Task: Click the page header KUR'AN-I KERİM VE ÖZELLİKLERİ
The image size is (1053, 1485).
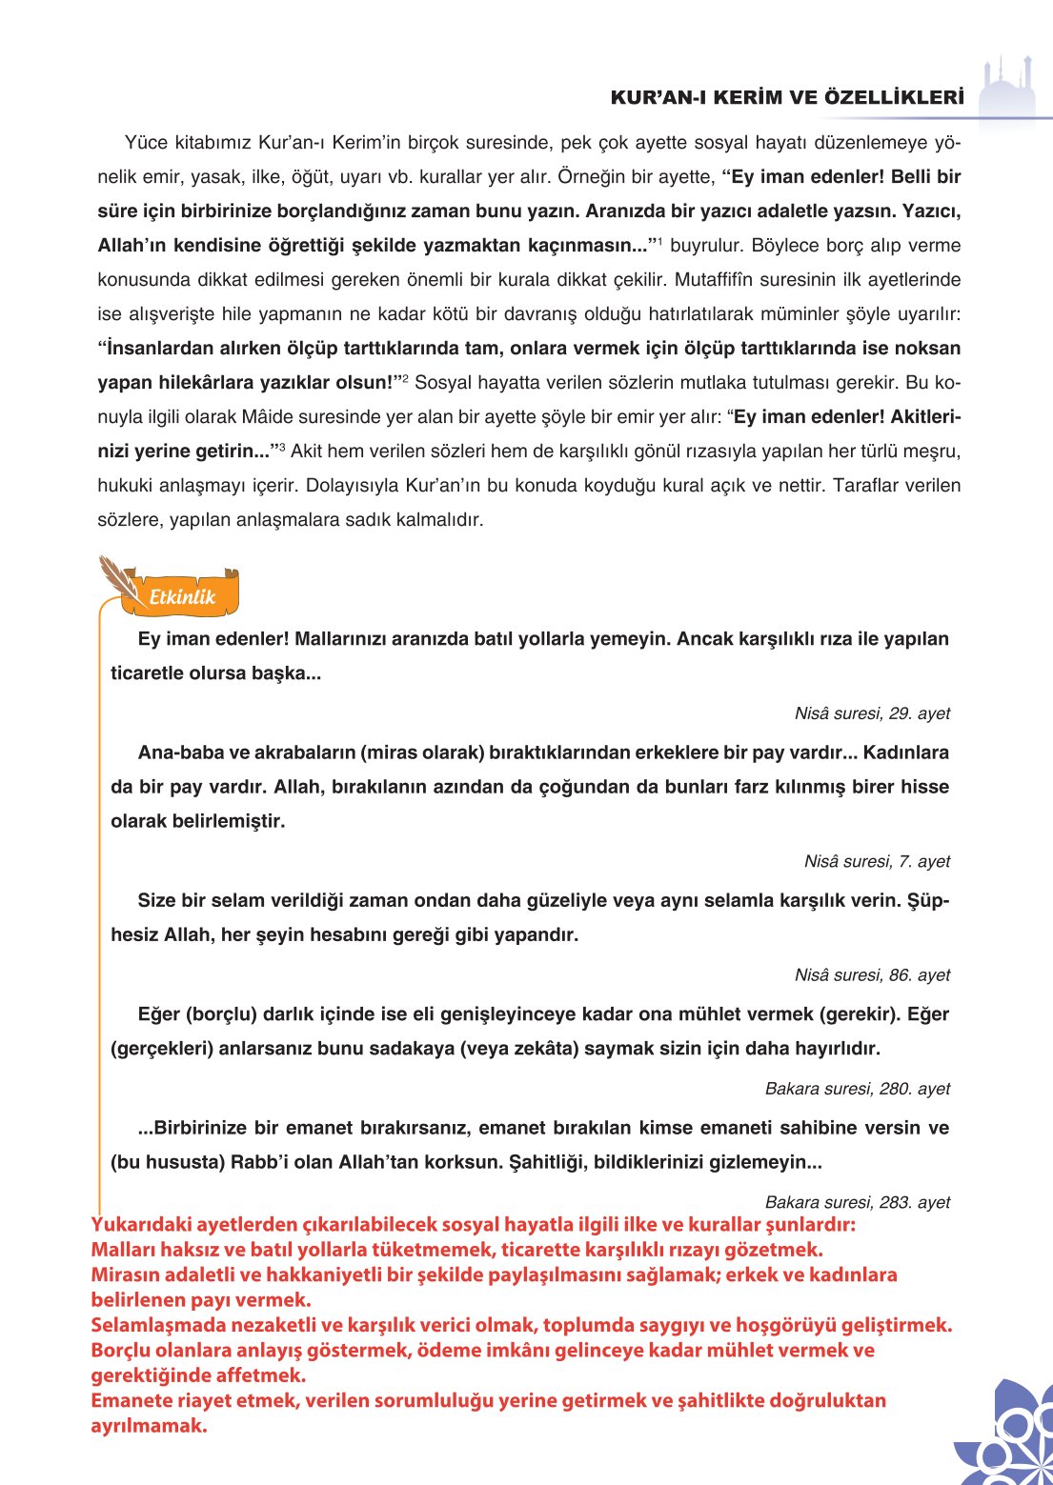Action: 786,98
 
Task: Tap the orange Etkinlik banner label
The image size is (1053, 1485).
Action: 182,597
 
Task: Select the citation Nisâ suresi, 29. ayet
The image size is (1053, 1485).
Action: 872,713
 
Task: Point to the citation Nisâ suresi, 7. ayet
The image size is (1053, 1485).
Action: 877,861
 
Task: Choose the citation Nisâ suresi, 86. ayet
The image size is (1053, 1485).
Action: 872,975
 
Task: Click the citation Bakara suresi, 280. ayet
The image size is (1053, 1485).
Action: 857,1089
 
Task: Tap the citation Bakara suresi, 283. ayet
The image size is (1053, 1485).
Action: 857,1202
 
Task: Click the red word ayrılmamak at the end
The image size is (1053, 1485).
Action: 148,1426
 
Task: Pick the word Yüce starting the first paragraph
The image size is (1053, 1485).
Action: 146,143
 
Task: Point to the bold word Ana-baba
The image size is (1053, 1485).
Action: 179,753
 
